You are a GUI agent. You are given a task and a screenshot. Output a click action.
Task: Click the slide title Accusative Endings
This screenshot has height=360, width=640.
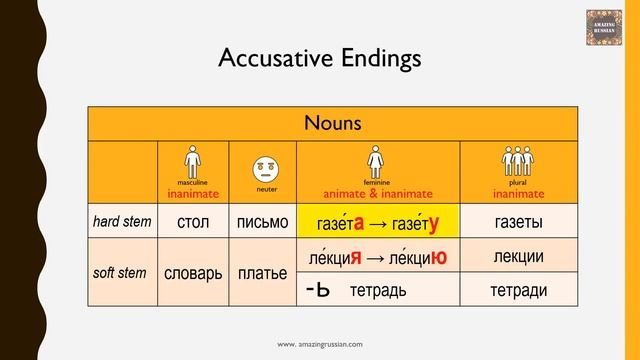click(x=320, y=58)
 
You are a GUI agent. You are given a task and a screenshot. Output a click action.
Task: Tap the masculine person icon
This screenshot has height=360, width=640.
click(x=192, y=160)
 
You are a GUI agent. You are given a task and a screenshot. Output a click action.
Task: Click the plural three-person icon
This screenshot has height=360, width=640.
click(x=517, y=160)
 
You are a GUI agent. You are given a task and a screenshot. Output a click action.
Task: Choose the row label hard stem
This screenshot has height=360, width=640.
click(x=122, y=221)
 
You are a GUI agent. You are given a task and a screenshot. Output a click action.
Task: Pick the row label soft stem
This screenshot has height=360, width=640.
click(x=122, y=272)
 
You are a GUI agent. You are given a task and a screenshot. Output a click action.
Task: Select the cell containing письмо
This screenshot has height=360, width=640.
click(x=263, y=222)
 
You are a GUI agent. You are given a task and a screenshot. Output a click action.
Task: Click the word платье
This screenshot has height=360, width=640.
click(x=263, y=273)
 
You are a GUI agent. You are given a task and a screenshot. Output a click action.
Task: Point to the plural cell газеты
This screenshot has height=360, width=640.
click(x=518, y=221)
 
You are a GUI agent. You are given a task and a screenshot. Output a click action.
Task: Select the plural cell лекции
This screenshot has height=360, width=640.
click(x=518, y=257)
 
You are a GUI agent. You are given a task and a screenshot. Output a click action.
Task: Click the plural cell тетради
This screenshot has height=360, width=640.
click(x=518, y=290)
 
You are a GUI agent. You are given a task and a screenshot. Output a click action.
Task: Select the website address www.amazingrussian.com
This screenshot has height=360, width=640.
click(x=320, y=343)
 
